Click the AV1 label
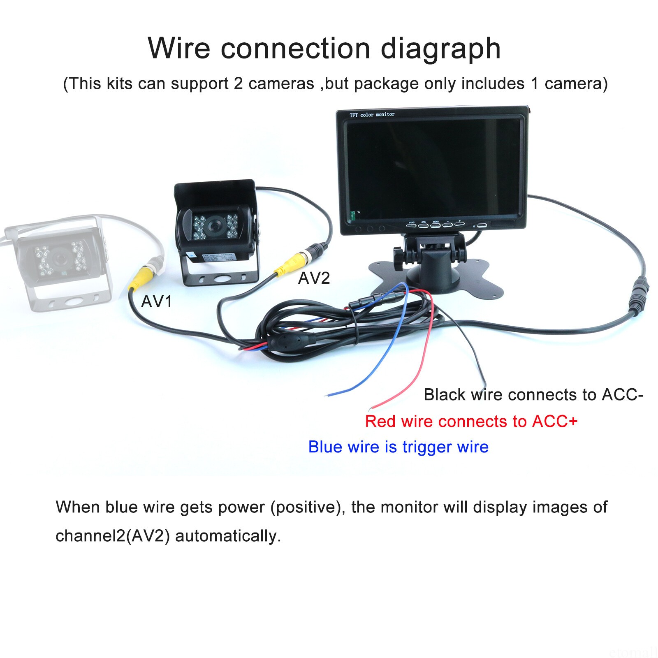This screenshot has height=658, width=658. click(x=156, y=302)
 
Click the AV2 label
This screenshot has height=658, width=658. click(x=314, y=278)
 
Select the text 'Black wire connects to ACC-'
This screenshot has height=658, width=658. click(x=533, y=395)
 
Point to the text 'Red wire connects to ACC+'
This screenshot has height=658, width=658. click(x=471, y=422)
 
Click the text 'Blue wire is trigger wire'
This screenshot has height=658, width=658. click(x=399, y=447)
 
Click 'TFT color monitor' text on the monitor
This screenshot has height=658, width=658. click(x=372, y=115)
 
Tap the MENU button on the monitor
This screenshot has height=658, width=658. click(x=436, y=225)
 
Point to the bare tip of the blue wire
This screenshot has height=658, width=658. click(x=327, y=395)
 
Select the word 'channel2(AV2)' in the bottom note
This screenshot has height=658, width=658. click(x=113, y=536)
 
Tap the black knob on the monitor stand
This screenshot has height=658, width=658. click(x=398, y=258)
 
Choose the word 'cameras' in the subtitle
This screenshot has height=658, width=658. click(x=281, y=84)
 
